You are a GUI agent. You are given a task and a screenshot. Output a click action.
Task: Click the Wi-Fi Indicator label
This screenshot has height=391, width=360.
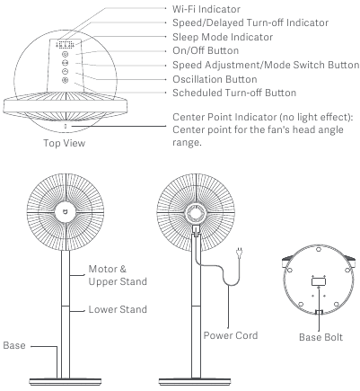(x=206, y=9)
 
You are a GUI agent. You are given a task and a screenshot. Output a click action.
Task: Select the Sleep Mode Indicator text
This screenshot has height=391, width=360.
(x=223, y=37)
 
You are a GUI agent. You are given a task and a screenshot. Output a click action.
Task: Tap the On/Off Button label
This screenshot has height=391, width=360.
(x=206, y=50)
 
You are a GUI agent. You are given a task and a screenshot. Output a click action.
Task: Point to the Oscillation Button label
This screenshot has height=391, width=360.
(x=215, y=79)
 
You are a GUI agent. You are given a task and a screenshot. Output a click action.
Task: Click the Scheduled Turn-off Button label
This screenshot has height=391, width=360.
(x=234, y=93)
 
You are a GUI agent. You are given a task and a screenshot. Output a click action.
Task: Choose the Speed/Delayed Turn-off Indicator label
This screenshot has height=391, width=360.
(x=250, y=22)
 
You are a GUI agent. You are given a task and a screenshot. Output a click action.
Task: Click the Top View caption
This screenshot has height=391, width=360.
(x=65, y=143)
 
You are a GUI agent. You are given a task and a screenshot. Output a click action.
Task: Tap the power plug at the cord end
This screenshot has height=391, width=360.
(x=239, y=253)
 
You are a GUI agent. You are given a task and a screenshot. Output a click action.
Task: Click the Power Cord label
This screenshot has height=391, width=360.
(x=231, y=335)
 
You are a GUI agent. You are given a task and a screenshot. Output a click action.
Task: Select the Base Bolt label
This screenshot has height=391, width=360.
(x=320, y=337)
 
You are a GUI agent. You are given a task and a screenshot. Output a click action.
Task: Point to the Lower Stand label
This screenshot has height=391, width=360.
(x=118, y=309)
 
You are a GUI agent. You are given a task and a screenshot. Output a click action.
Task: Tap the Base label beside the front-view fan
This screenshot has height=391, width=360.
(x=14, y=345)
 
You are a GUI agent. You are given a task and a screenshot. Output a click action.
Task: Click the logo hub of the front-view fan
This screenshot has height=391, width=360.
(x=66, y=212)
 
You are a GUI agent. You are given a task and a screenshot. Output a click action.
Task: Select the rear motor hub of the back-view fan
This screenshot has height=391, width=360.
(x=196, y=213)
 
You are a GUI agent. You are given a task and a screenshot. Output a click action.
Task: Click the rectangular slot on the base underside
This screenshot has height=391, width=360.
(x=319, y=281)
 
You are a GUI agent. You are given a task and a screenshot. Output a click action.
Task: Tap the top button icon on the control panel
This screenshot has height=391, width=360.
(x=66, y=54)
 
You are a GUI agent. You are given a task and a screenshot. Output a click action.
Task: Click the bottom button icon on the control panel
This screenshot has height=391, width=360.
(x=66, y=80)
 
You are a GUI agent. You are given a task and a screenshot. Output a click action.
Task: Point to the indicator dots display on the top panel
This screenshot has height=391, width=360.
(x=65, y=45)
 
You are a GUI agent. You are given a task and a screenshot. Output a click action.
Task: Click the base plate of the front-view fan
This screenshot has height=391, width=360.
(x=65, y=382)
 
